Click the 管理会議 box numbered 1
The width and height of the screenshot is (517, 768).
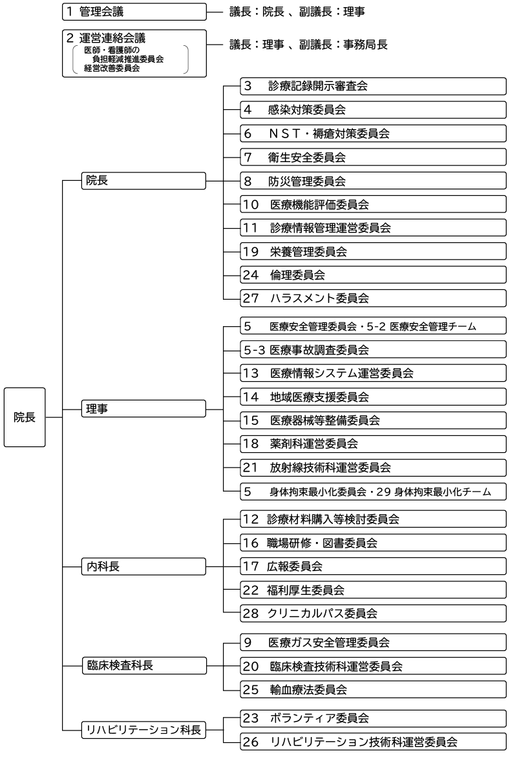click(x=134, y=12)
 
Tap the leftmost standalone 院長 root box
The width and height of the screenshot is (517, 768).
click(x=25, y=417)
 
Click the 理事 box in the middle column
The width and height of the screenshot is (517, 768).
click(x=143, y=409)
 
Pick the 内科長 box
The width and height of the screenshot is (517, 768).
click(x=143, y=567)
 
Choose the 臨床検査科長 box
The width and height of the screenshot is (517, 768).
click(x=143, y=665)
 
